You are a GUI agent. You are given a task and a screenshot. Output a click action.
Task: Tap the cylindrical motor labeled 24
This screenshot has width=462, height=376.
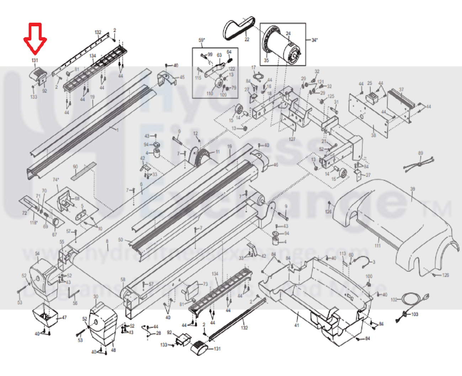click(285, 46)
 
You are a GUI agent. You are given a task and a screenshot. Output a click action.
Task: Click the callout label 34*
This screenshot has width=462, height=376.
click(314, 40)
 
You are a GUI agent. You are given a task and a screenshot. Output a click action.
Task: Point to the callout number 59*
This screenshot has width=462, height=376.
click(202, 41)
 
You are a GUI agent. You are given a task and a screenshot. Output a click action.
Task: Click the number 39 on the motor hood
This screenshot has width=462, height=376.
click(412, 189)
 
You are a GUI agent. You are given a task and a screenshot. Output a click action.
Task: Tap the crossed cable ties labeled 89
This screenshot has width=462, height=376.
click(420, 163)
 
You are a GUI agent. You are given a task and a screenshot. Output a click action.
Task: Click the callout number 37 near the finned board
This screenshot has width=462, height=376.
click(401, 89)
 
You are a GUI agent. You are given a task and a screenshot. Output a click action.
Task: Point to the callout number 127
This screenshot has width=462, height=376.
click(292, 139)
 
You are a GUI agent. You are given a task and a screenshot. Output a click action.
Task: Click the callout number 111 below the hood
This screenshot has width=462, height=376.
click(377, 246)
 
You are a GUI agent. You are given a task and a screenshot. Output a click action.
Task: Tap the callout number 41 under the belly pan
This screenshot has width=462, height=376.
click(297, 325)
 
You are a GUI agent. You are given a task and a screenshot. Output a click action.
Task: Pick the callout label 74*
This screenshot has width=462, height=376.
click(56, 180)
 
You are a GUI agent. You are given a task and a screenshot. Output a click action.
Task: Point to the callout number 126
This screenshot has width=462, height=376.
click(445, 275)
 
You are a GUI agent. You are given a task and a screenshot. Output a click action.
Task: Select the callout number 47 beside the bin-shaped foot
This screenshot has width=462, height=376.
click(64, 317)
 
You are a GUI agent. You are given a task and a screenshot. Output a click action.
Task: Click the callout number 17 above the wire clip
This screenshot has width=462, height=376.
click(254, 68)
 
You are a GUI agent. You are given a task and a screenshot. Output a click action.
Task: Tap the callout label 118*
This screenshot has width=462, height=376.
click(33, 223)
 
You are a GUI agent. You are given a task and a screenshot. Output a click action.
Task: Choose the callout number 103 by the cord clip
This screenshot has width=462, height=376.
click(415, 315)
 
